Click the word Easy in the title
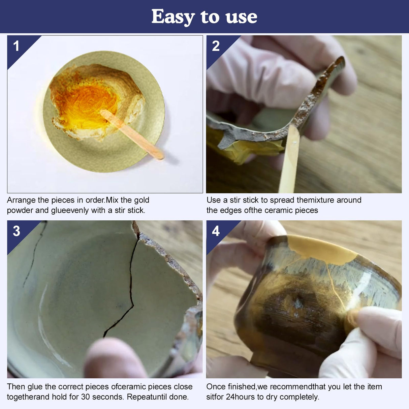point(173,17)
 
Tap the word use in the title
point(241,17)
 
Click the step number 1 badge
point(16,46)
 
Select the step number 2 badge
point(216,46)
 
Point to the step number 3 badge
point(16,231)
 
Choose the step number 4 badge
point(216,231)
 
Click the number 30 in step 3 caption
point(86,397)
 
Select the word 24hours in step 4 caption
point(240,397)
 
